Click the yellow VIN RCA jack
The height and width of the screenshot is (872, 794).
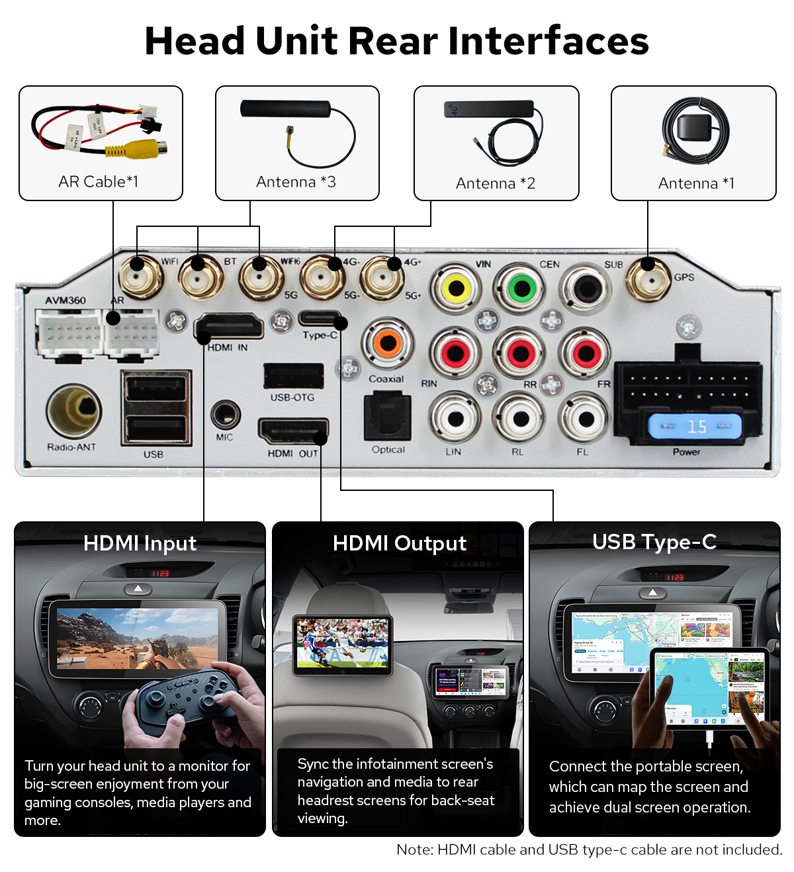pos(455,288)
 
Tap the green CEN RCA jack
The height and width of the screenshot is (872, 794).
pos(521,288)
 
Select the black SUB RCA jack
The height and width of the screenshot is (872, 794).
pos(586,288)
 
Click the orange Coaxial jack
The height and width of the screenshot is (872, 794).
pos(388,343)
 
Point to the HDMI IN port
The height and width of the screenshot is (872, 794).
pos(228,327)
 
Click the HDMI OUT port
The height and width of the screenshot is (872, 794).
pos(292,431)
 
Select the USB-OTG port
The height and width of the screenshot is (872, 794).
pos(293,376)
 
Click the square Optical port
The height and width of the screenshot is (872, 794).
pos(388,417)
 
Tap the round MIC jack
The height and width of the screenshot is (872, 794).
pos(225,415)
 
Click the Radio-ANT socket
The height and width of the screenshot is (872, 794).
pos(74,411)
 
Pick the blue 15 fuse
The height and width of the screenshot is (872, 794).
pos(695,427)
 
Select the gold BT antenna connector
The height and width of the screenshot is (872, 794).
pos(198,277)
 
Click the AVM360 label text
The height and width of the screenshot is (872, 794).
pos(66,300)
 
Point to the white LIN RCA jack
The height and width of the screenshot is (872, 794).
pos(455,418)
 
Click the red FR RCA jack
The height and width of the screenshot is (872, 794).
pos(586,353)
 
